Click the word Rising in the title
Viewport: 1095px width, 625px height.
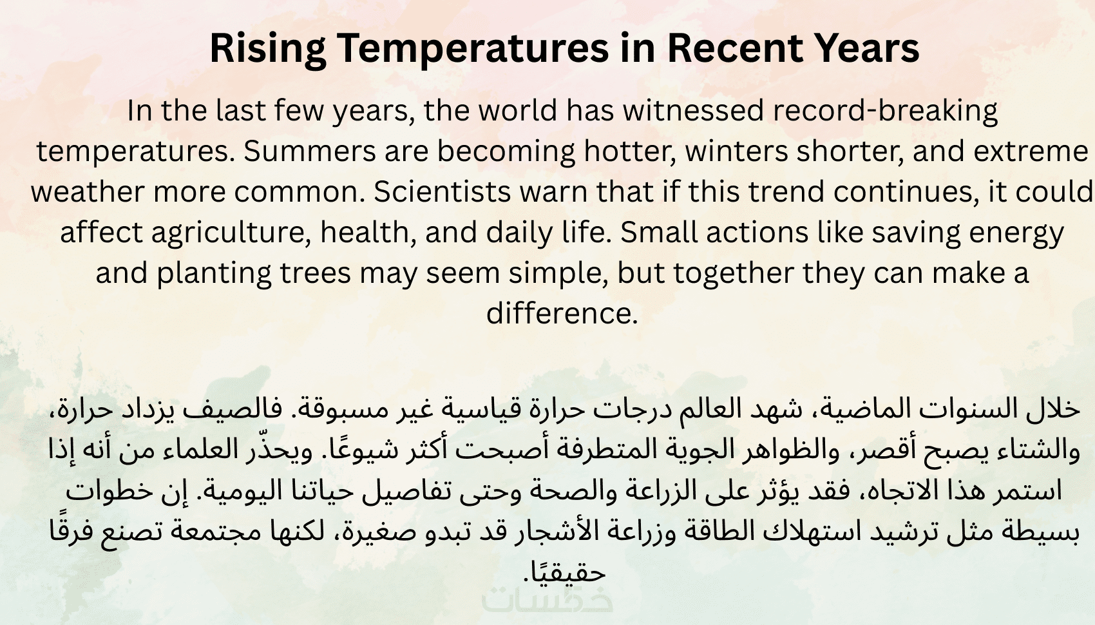coord(268,50)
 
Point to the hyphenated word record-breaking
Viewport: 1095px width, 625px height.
coord(885,111)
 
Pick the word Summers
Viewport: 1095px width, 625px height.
coord(309,151)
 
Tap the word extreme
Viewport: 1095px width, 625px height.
coord(1031,151)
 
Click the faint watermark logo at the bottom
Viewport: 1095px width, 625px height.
coord(547,600)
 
